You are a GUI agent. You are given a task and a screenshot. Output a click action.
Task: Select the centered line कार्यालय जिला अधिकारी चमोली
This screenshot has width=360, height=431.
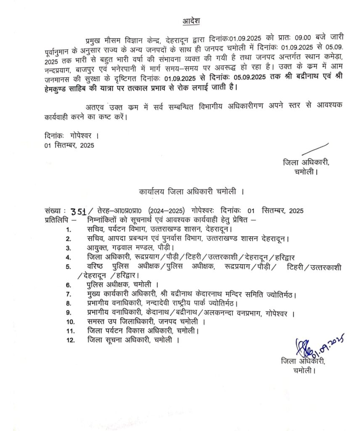click(x=192, y=192)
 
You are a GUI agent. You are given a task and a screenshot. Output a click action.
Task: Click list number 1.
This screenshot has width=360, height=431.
click(x=68, y=230)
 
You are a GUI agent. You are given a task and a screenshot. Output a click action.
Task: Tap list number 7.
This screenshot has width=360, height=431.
click(x=69, y=294)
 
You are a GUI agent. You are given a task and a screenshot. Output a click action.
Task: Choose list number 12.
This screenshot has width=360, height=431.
click(x=70, y=340)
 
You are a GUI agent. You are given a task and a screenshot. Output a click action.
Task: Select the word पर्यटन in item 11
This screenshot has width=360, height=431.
click(x=112, y=331)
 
